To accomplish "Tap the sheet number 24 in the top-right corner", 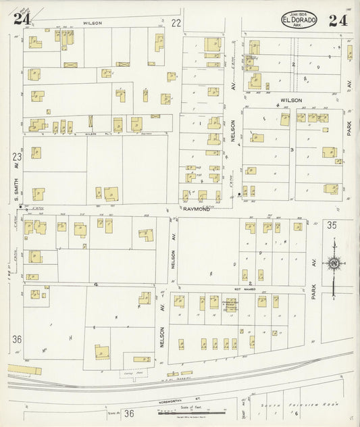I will point(338,20).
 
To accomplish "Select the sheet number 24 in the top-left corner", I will point(22,19).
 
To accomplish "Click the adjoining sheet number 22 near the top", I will point(177,23).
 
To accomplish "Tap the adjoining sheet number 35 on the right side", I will point(332,225).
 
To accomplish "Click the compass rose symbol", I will point(333,263).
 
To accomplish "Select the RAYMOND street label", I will point(197,209).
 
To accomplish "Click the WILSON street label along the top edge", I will point(93,23).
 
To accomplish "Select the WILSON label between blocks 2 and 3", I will point(291,100).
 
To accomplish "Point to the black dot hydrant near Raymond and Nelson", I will point(239,195).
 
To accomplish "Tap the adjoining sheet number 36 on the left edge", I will point(17,339).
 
